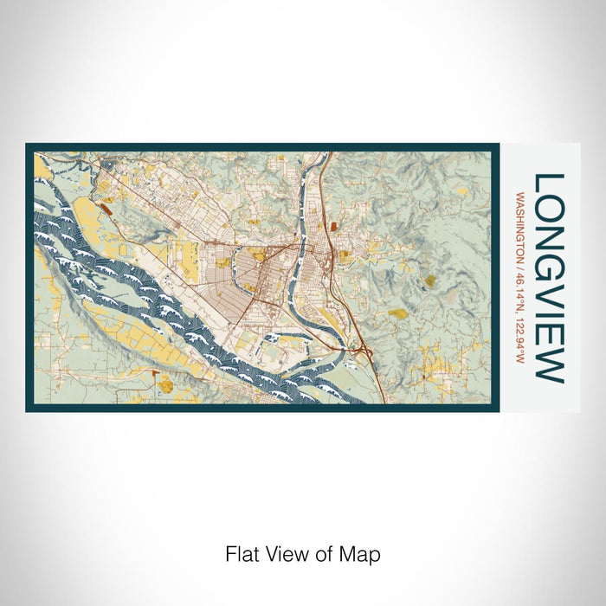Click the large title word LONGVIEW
coord(548,278)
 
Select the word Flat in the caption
coord(240,553)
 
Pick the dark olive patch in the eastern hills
coord(397,313)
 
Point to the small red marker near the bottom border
coord(152,373)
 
